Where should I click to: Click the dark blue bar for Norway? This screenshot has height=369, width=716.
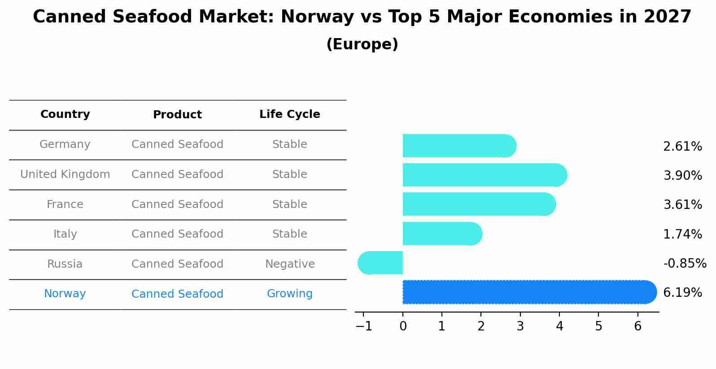[x=529, y=292]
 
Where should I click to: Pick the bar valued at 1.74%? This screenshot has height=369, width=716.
[x=442, y=234]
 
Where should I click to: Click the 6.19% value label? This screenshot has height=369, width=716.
[x=682, y=293]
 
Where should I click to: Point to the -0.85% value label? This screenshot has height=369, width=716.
[x=685, y=263]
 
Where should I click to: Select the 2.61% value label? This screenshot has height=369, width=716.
[x=682, y=147]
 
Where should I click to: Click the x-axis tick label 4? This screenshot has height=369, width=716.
[x=559, y=326]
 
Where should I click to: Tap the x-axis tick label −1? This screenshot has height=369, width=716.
[x=363, y=326]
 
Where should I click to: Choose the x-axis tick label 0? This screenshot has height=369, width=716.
[x=403, y=326]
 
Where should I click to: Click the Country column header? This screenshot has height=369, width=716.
[x=65, y=114]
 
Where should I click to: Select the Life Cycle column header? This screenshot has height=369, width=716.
[x=290, y=114]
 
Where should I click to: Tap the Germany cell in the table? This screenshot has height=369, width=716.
[x=65, y=144]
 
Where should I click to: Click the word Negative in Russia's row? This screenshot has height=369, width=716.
[x=290, y=264]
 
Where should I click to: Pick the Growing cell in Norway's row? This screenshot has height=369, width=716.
[x=290, y=294]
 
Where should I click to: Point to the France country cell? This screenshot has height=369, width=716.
[x=65, y=204]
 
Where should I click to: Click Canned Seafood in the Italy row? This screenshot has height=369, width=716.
[x=177, y=234]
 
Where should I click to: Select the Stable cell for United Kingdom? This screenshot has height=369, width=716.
[x=290, y=174]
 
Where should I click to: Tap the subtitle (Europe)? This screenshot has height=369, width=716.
[x=362, y=44]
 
